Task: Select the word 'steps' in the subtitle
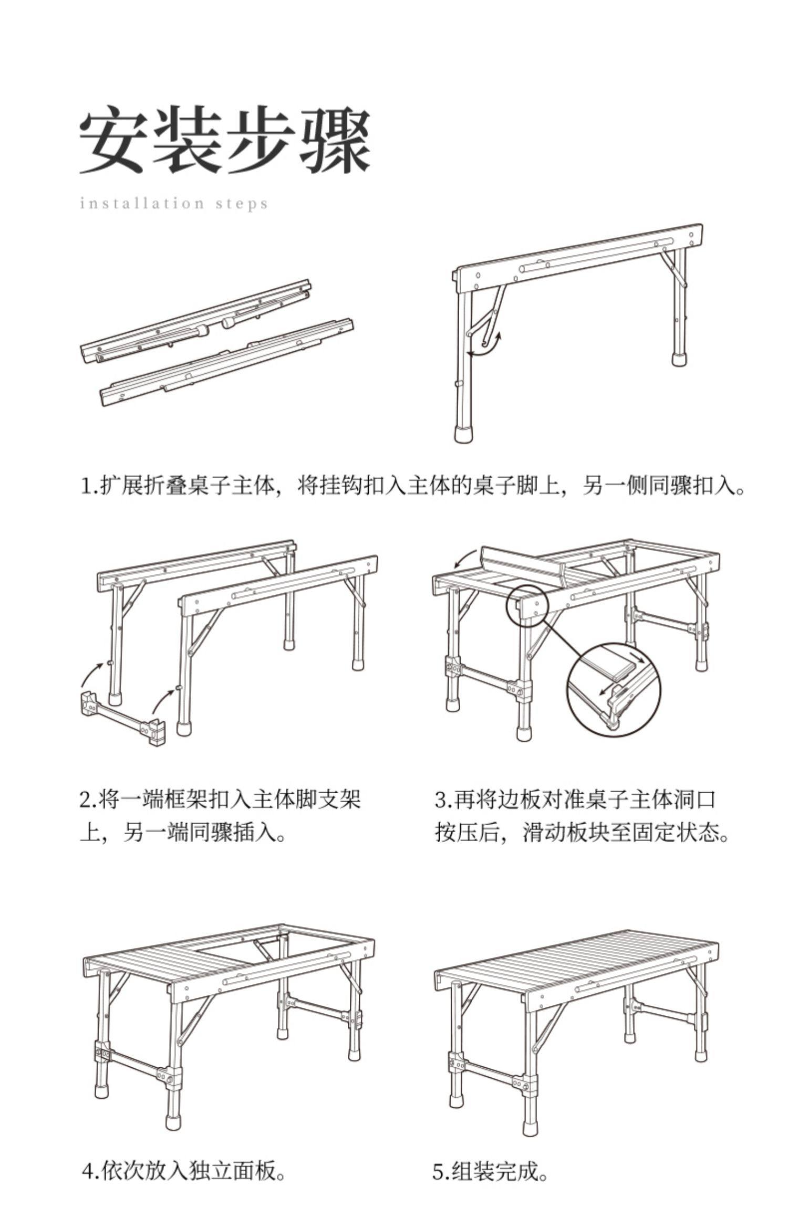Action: pyautogui.click(x=242, y=204)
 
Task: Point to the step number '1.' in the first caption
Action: pyautogui.click(x=87, y=486)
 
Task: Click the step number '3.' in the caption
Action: pyautogui.click(x=443, y=800)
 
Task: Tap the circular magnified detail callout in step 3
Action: pyautogui.click(x=613, y=690)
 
